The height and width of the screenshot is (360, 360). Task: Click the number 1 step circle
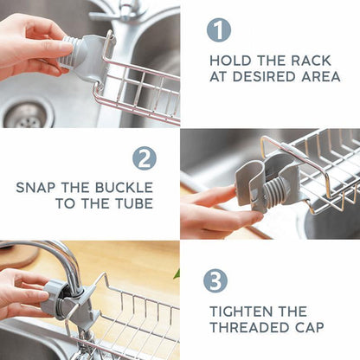(219, 30)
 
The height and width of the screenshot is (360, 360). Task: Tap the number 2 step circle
(145, 158)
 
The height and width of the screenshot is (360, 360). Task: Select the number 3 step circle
(215, 280)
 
